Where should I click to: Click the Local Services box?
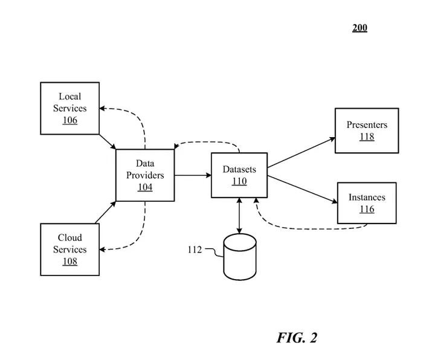click(69, 108)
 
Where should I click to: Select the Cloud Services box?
click(69, 249)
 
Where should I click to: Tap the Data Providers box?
click(145, 175)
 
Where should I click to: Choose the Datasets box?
click(239, 175)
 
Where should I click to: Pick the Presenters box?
click(367, 130)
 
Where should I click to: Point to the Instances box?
click(367, 203)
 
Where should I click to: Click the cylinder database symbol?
click(239, 254)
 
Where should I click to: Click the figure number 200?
click(360, 28)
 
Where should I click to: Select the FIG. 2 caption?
click(297, 338)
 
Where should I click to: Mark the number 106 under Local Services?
click(69, 120)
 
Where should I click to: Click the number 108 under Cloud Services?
click(69, 262)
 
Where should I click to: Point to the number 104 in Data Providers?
click(145, 187)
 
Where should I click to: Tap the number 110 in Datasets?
click(239, 181)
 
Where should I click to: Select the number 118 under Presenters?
click(367, 137)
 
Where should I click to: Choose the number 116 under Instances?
click(367, 209)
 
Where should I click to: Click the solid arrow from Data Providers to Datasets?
click(193, 175)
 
